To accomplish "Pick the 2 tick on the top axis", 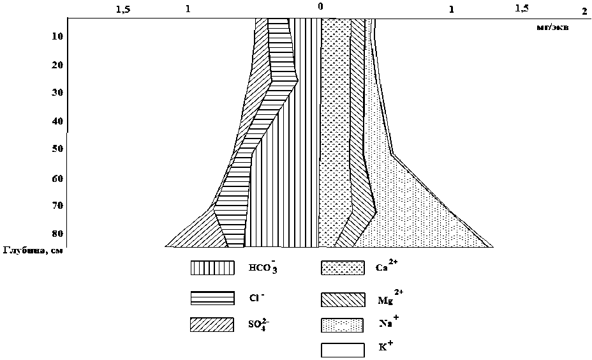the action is (x=584, y=11).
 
